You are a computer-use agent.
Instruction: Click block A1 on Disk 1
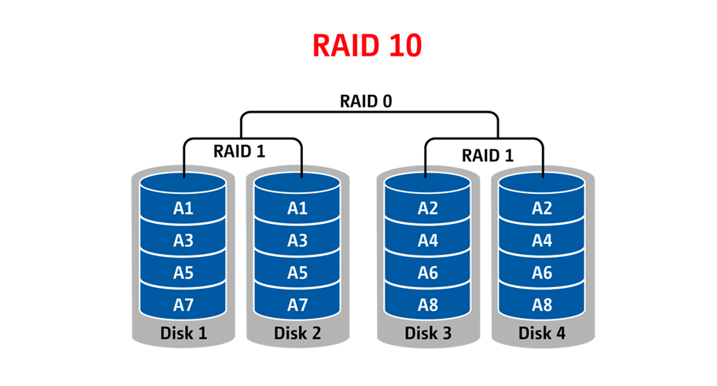click(x=183, y=208)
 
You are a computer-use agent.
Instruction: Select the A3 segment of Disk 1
click(x=183, y=240)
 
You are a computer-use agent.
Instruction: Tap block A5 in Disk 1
click(x=183, y=273)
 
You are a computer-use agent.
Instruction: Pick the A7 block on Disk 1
click(x=183, y=305)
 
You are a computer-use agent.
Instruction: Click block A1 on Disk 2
click(x=297, y=208)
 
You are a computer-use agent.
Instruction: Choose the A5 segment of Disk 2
click(x=297, y=273)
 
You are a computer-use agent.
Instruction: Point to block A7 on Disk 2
click(x=297, y=305)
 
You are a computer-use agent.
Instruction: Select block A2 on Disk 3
click(x=428, y=208)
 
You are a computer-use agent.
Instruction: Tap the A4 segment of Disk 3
click(x=428, y=240)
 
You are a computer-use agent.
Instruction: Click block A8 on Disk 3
click(x=428, y=305)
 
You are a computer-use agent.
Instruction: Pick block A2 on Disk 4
click(x=542, y=208)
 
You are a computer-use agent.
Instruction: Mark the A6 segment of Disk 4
click(x=542, y=273)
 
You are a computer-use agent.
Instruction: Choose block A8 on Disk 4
click(x=542, y=305)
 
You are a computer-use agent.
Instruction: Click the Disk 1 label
click(x=183, y=334)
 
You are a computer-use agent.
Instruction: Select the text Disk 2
click(x=297, y=334)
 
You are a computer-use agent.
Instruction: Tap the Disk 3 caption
click(x=428, y=334)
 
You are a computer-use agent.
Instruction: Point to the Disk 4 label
click(x=542, y=334)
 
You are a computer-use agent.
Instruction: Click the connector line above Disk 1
click(x=183, y=168)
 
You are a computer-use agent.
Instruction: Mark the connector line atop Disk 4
click(x=542, y=168)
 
